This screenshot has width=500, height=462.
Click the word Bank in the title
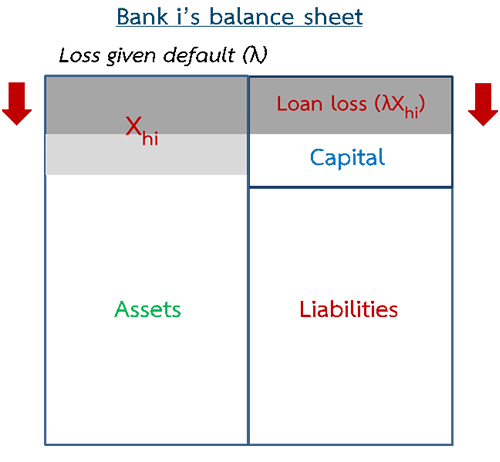[x=142, y=17]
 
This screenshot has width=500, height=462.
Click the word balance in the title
[x=252, y=17]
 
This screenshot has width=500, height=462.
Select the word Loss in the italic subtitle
[x=79, y=55]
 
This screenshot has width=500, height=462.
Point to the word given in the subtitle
[x=131, y=56]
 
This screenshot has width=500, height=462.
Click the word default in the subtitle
[x=199, y=55]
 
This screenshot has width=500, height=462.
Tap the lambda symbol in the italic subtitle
[x=257, y=55]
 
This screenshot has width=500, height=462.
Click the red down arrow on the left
[x=17, y=104]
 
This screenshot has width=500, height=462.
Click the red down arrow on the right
[x=483, y=104]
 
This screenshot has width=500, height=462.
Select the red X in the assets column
[x=133, y=126]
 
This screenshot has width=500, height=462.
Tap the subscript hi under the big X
[x=150, y=138]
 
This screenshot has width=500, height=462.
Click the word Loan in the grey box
[x=300, y=104]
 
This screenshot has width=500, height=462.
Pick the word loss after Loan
[x=349, y=104]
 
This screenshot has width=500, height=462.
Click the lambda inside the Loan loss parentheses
[x=387, y=104]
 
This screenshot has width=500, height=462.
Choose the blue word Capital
[x=347, y=158]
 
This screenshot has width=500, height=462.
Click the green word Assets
[x=147, y=310]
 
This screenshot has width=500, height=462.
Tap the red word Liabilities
[x=349, y=309]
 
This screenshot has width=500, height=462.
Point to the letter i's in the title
[x=188, y=17]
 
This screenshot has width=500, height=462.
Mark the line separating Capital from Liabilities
[x=351, y=187]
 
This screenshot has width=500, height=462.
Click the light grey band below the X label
[x=147, y=154]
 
